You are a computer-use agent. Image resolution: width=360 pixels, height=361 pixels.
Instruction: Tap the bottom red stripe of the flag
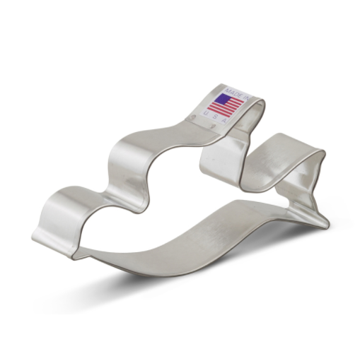tap(222, 113)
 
